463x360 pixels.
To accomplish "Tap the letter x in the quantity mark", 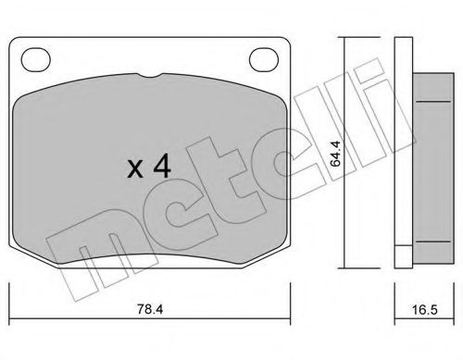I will coord(136,169).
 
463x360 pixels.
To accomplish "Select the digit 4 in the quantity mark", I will coord(161,168).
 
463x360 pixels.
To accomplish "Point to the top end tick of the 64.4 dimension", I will coord(344,38).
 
